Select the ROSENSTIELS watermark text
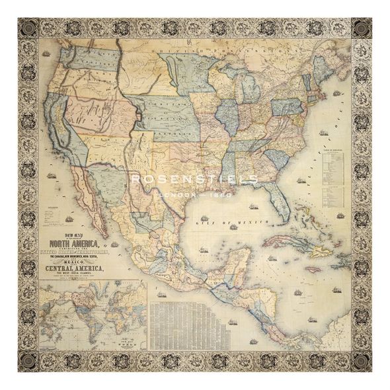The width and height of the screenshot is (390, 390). click(195, 179)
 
